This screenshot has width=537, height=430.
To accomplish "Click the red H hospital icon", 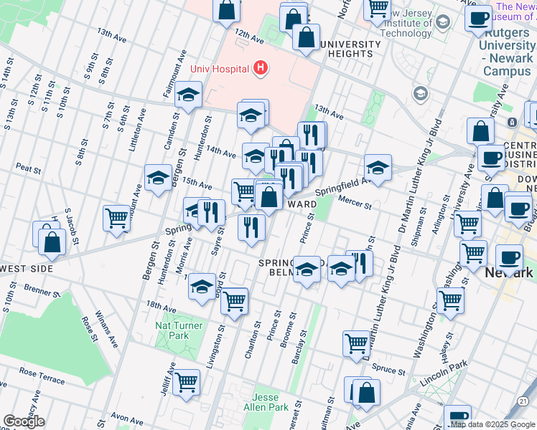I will (261, 69).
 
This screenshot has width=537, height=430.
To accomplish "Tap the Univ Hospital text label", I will (220, 69).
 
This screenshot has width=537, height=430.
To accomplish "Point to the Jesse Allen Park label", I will (271, 402).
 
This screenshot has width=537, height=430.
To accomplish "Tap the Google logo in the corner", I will (24, 421).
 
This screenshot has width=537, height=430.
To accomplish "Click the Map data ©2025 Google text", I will (492, 424).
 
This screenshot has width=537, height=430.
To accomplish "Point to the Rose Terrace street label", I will (42, 373).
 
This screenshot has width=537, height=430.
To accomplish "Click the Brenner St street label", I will (42, 292).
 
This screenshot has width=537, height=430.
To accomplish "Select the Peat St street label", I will (28, 169).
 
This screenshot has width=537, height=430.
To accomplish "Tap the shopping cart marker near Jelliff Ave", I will (186, 381).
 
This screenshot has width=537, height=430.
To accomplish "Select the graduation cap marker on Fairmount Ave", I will (188, 95).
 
